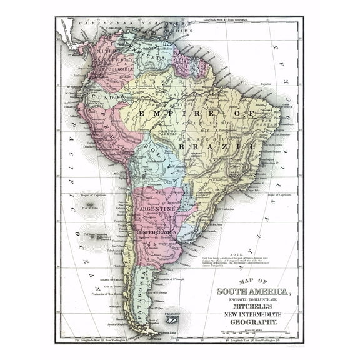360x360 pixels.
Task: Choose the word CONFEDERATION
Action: pos(157,232)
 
